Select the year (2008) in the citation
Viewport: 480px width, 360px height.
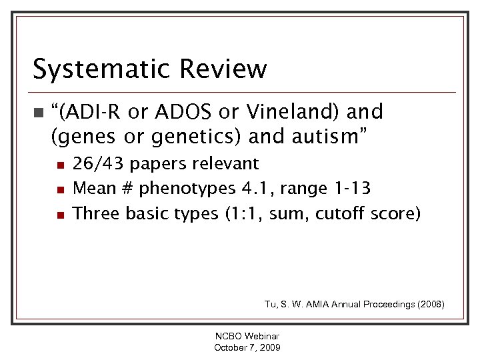(x=428, y=304)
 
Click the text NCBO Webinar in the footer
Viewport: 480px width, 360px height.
(x=247, y=337)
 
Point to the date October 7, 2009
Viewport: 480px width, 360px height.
(x=247, y=347)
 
